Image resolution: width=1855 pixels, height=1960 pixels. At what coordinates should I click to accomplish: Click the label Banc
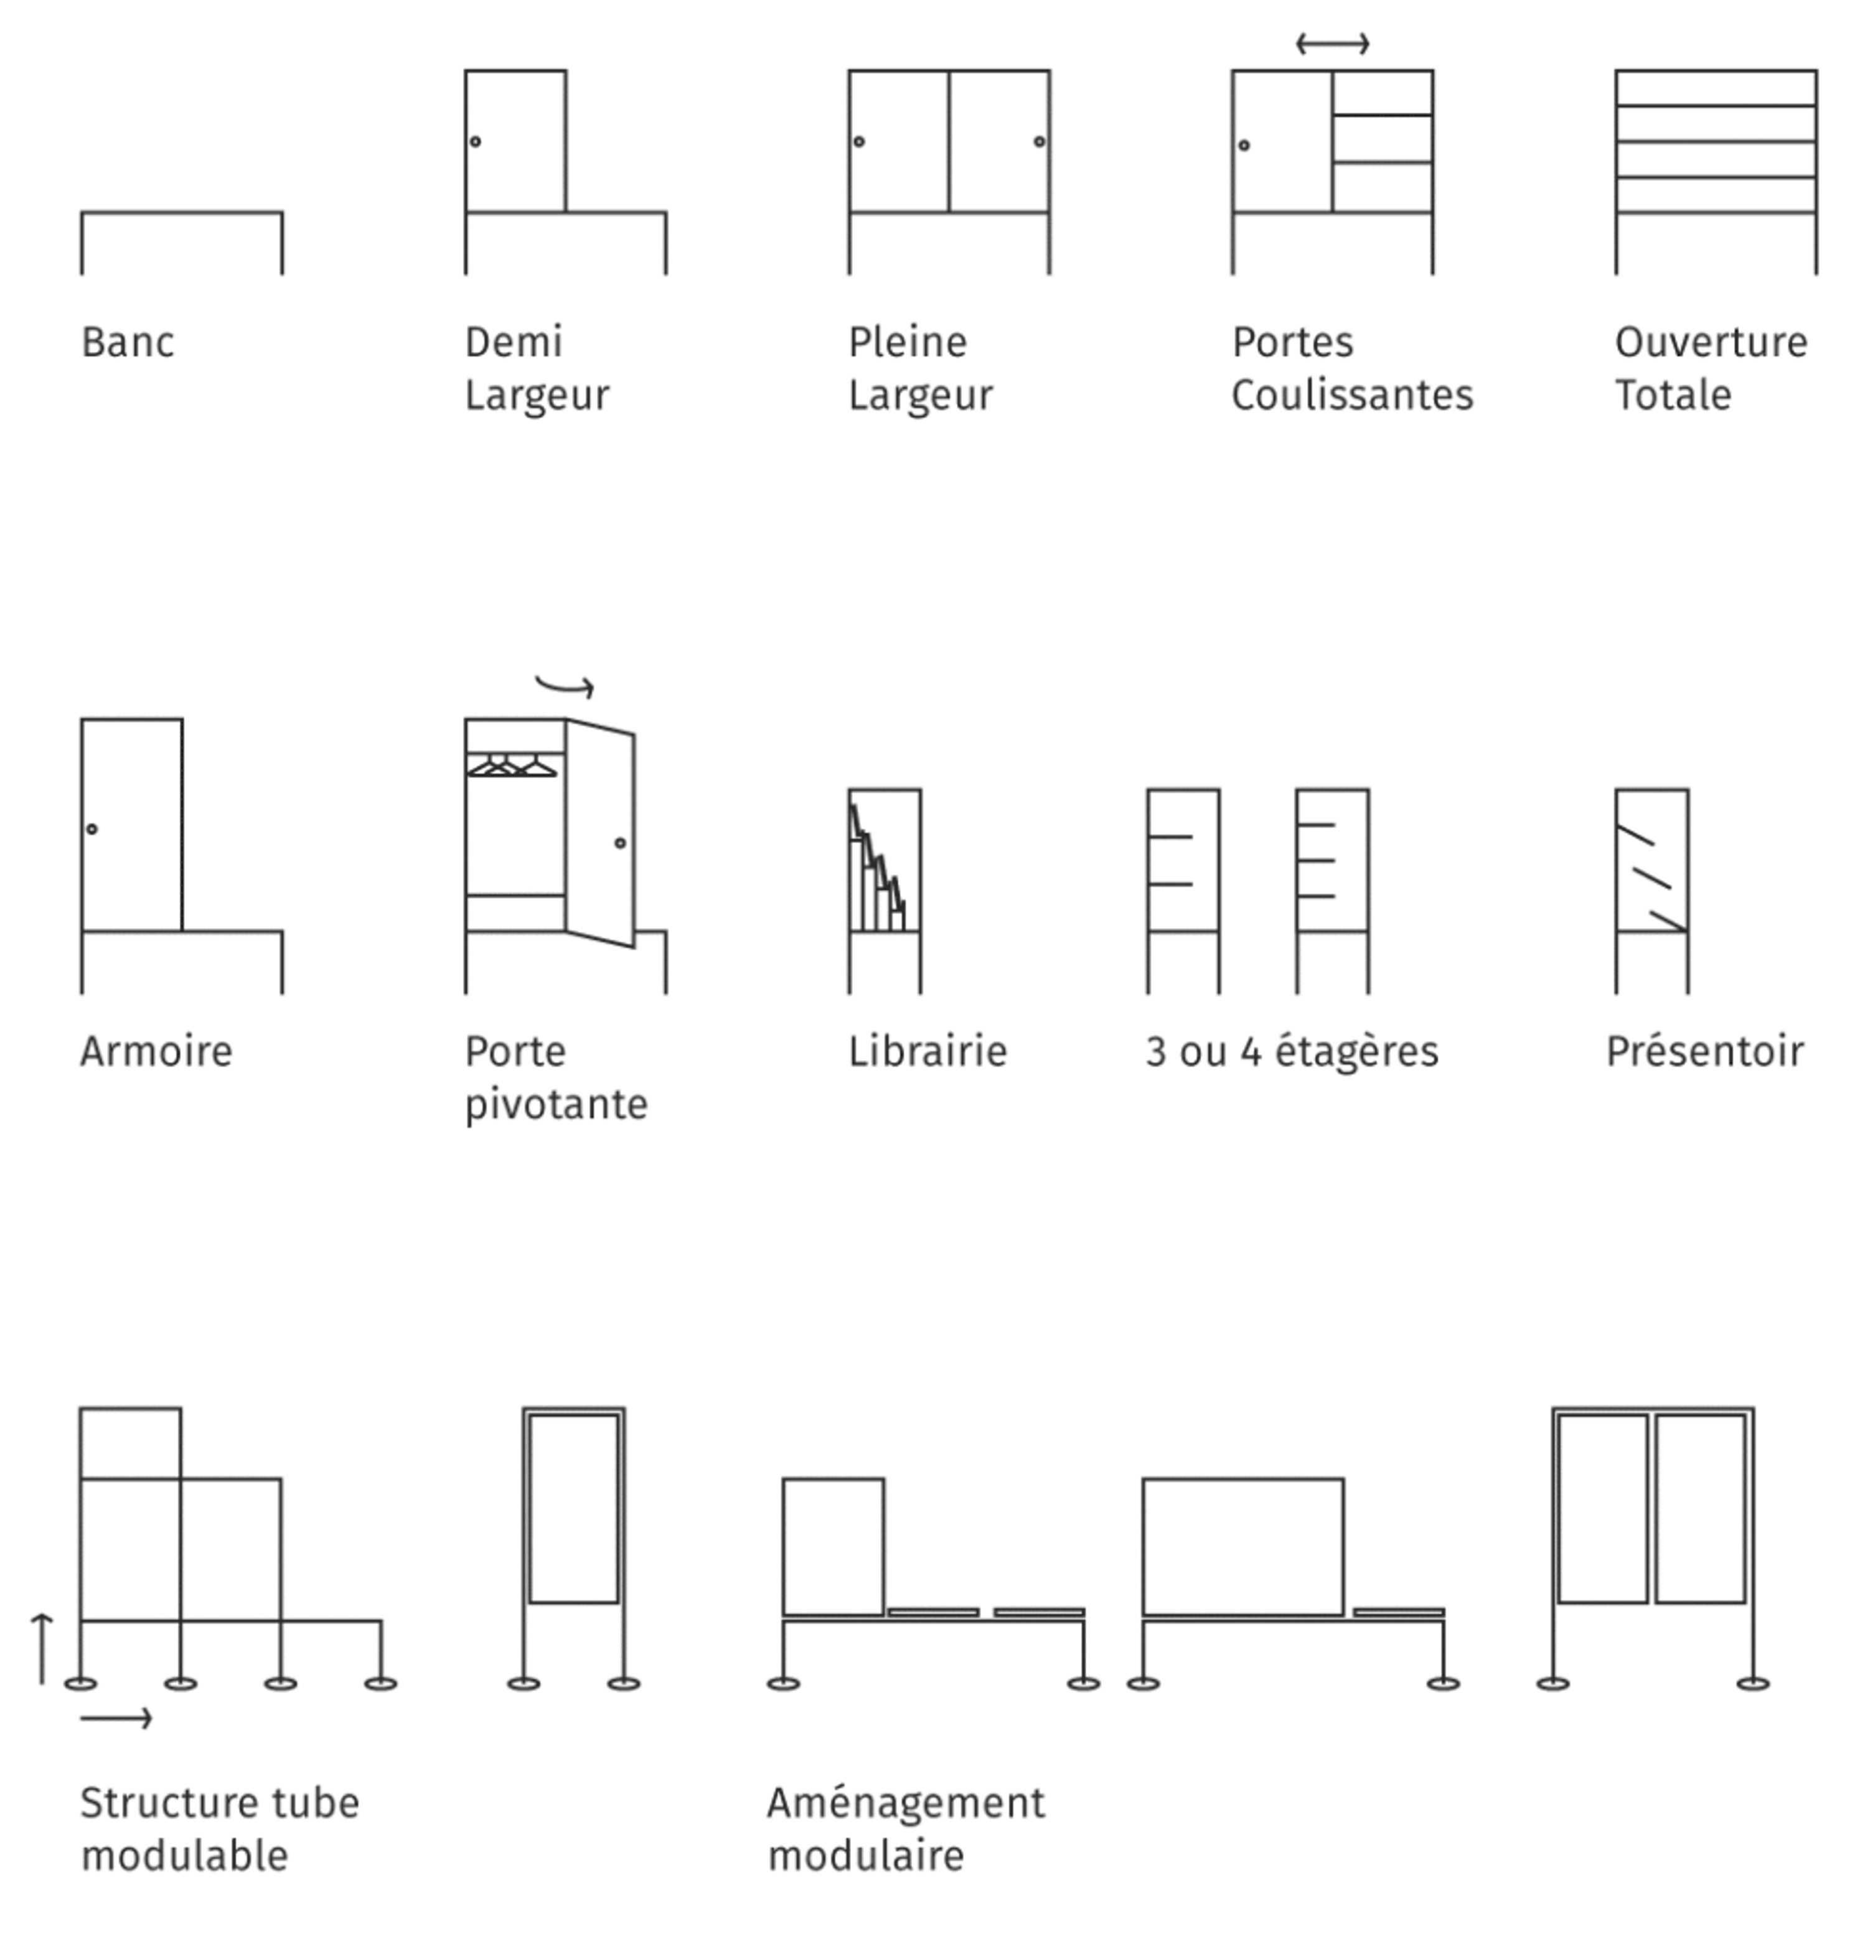[128, 343]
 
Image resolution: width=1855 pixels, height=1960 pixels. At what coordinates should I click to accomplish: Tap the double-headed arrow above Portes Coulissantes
[1332, 44]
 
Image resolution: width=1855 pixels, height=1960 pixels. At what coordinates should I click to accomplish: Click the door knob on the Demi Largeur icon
[476, 141]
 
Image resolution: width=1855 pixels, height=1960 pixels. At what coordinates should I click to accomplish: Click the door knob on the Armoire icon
[92, 828]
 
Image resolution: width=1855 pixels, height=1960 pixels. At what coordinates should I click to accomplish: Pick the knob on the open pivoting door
[620, 843]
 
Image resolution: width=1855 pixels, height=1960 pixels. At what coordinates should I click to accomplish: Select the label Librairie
[927, 1051]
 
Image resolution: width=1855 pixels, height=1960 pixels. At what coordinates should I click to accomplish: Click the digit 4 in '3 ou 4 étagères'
[1251, 1052]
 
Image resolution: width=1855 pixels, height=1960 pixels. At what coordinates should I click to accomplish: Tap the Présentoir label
[1705, 1051]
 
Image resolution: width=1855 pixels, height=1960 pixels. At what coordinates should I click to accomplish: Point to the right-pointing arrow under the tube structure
[116, 1719]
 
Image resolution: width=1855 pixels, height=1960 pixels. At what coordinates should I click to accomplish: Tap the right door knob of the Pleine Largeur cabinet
[1039, 141]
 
